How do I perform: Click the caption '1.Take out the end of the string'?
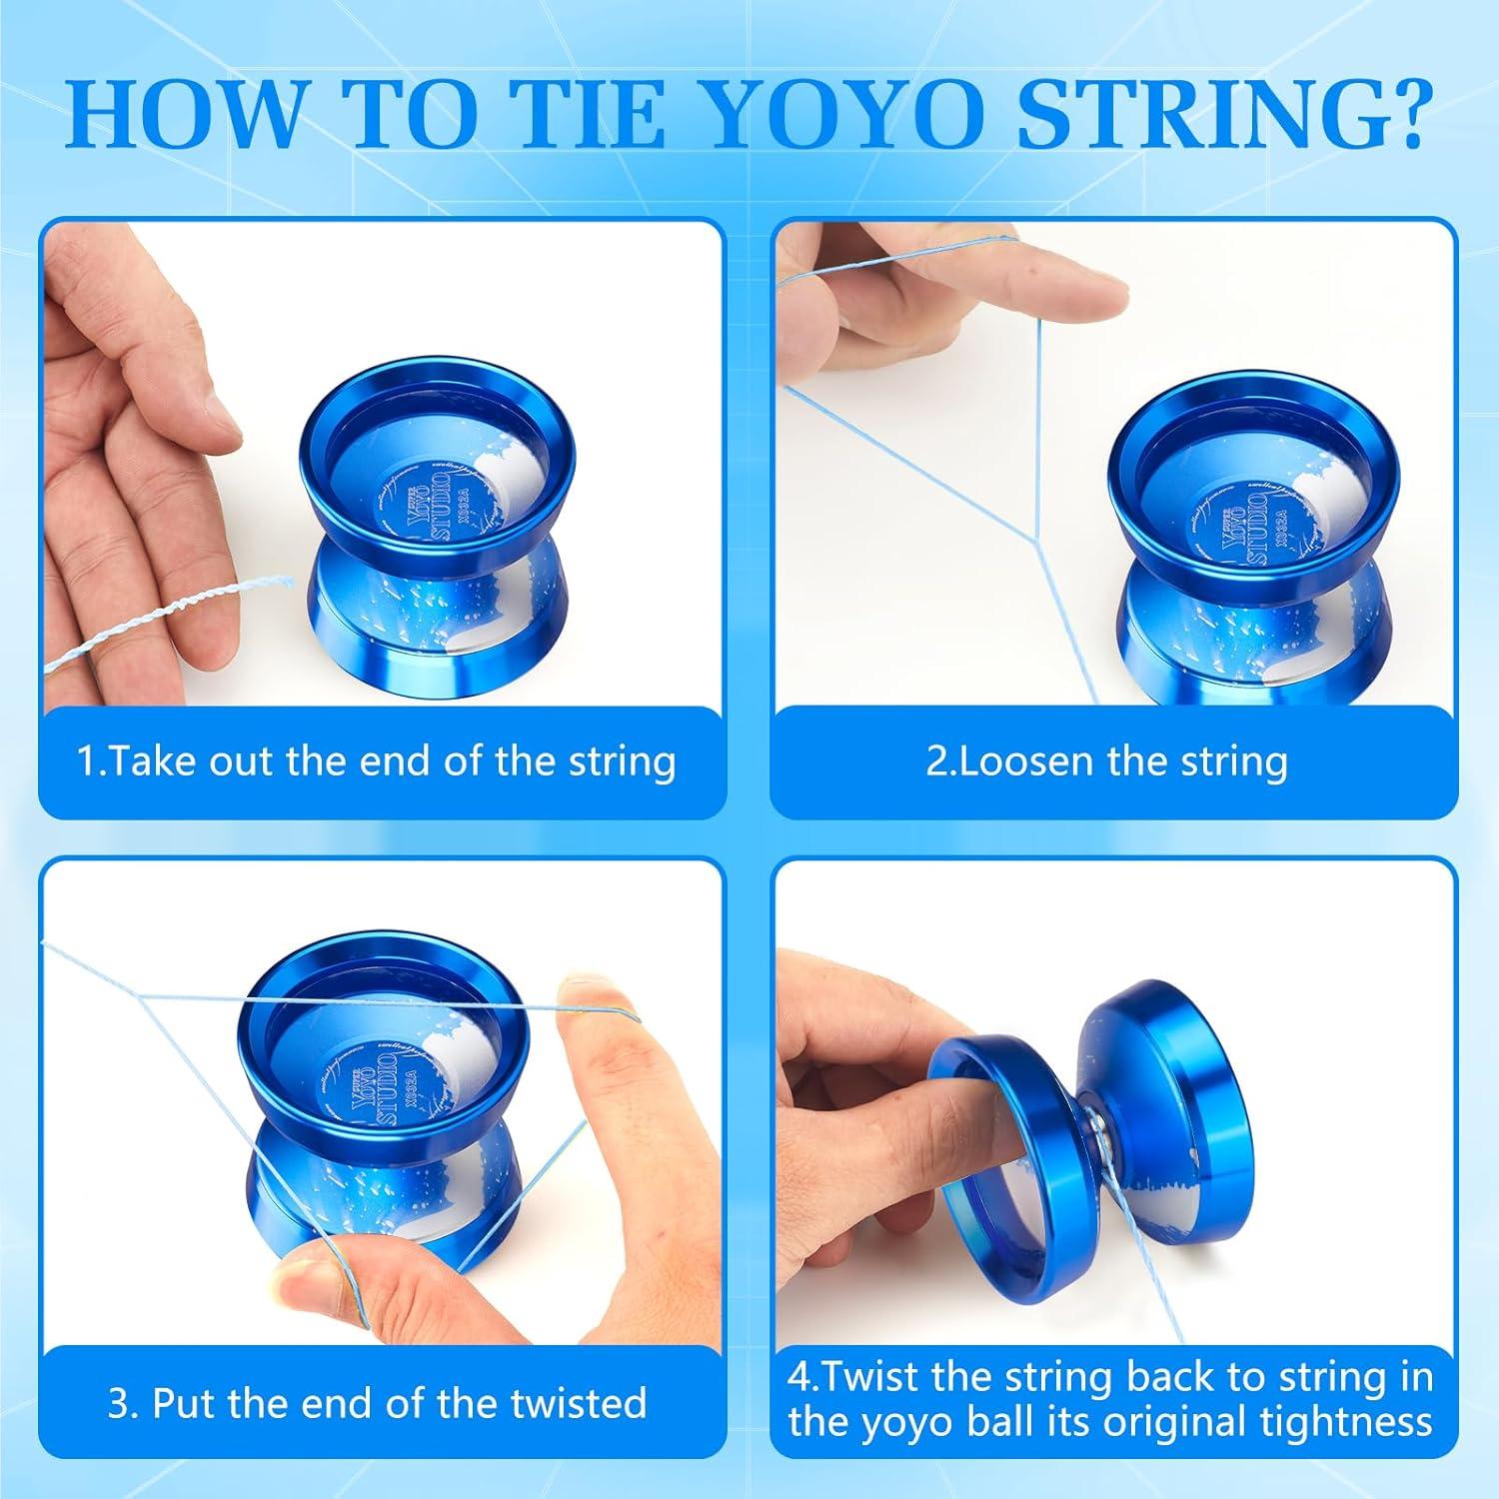pyautogui.click(x=377, y=761)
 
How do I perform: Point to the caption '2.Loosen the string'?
pyautogui.click(x=1106, y=761)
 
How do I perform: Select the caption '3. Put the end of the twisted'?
pyautogui.click(x=377, y=1403)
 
